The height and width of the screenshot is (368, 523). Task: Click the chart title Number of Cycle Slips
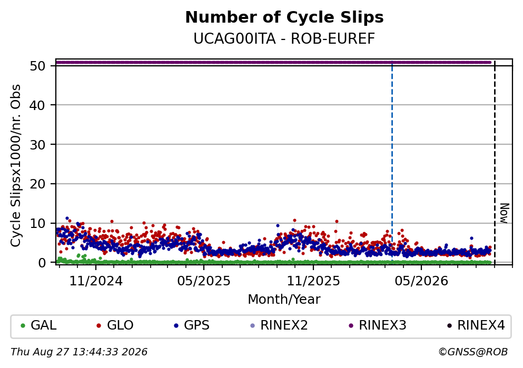click(284, 17)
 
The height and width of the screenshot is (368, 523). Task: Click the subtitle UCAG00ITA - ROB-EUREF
click(284, 38)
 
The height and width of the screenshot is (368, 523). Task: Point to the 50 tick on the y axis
click(37, 66)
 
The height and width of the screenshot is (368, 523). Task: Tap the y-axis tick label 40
click(37, 105)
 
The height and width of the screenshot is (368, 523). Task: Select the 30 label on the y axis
click(37, 145)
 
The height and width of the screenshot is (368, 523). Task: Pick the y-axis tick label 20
click(37, 184)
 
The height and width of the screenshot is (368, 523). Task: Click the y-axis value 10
click(37, 223)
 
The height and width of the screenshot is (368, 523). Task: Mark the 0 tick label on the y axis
click(42, 263)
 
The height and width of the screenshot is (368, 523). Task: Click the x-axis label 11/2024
click(96, 281)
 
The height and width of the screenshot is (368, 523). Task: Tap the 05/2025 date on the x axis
click(204, 281)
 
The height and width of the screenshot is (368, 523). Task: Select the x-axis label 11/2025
click(313, 281)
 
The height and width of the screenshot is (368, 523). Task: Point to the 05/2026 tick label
click(421, 281)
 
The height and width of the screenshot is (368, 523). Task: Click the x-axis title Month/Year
click(284, 300)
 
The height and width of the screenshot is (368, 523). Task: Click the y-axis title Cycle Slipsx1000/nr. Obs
click(15, 166)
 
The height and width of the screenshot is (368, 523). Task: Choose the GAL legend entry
click(38, 325)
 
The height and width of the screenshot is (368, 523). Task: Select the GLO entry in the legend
click(115, 325)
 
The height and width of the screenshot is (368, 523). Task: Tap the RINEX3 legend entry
click(378, 325)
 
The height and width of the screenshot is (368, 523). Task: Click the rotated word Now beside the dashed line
click(505, 213)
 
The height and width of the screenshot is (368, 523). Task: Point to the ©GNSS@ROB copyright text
click(473, 352)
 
